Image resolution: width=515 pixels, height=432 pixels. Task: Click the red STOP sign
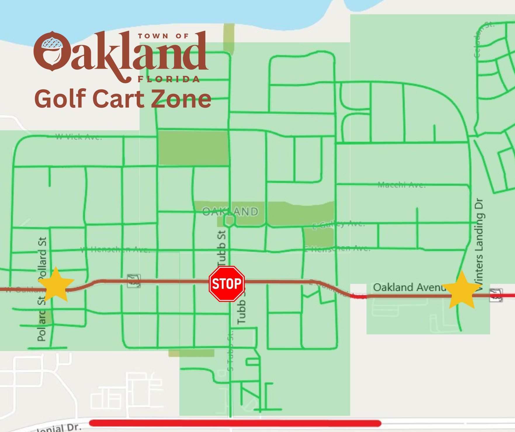tap(227, 284)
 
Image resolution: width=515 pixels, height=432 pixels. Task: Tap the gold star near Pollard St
tap(56, 284)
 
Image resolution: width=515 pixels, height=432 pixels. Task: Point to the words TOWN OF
tap(163, 36)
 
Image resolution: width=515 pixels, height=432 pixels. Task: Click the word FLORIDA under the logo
tap(169, 79)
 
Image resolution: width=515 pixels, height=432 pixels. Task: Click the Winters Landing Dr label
tap(479, 244)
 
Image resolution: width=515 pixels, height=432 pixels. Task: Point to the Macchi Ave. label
tap(402, 185)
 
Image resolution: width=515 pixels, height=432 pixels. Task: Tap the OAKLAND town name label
tap(230, 211)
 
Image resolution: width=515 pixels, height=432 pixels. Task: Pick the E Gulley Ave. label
tap(339, 224)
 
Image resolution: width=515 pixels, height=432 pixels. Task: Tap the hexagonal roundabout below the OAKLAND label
tap(229, 221)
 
